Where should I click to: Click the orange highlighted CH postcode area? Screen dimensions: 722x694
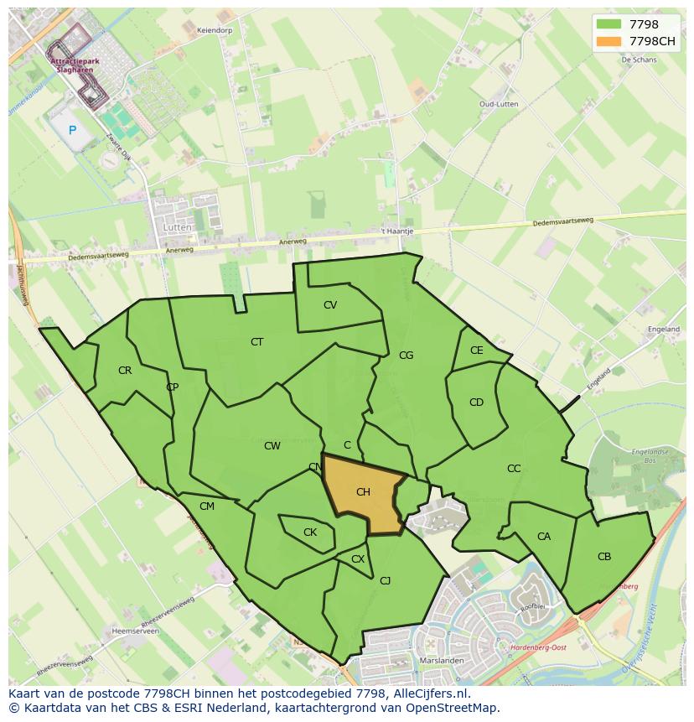[362, 495]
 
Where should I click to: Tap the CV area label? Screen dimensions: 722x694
[330, 305]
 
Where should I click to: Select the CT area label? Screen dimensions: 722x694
[257, 342]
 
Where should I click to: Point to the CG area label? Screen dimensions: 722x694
[406, 356]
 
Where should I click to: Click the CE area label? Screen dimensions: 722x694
[477, 351]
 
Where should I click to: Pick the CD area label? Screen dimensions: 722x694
[476, 403]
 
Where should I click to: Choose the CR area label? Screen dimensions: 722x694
[125, 371]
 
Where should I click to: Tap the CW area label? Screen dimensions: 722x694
[272, 446]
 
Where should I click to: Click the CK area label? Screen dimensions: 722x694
[310, 532]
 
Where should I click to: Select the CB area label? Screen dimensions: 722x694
[604, 557]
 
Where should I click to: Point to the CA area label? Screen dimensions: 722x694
[544, 537]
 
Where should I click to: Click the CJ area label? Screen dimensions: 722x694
[386, 580]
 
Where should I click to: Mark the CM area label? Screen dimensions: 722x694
[207, 506]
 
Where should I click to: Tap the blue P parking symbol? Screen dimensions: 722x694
[72, 130]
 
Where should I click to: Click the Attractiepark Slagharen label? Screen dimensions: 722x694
[71, 65]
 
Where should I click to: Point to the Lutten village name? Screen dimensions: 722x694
[179, 227]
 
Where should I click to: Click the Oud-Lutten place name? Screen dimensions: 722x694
[498, 104]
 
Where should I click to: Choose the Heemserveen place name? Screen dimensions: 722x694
[135, 631]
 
